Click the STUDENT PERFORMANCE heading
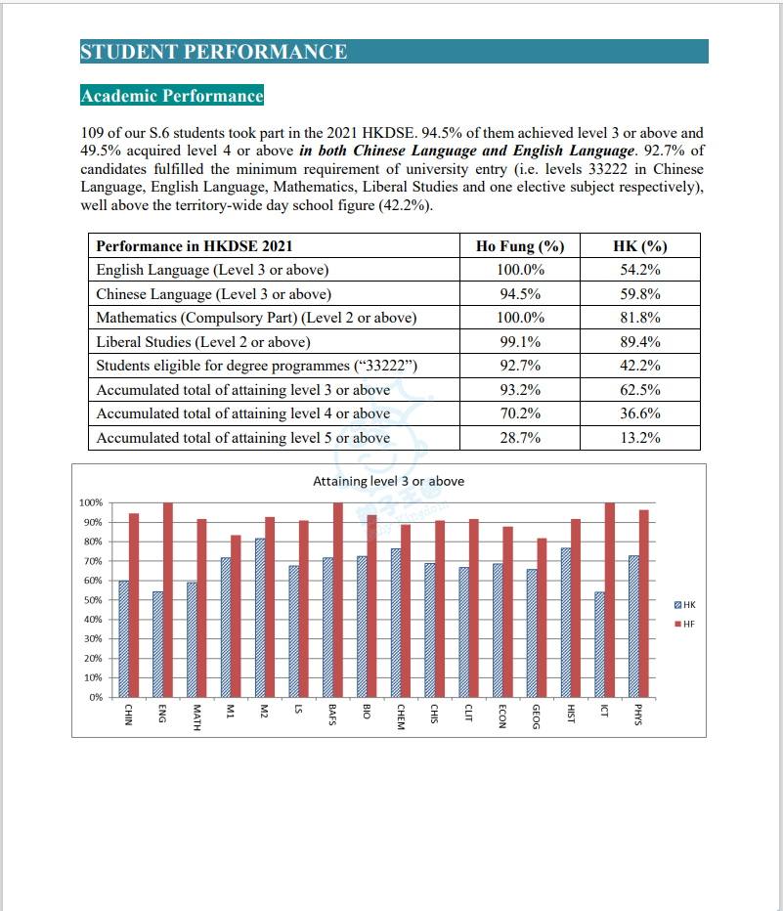pos(214,52)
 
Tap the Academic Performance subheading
pos(172,96)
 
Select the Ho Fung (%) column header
pos(520,246)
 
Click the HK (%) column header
pos(639,246)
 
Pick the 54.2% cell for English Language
pos(639,270)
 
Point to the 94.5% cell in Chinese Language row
pos(520,294)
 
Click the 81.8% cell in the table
pos(639,318)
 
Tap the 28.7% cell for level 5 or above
pos(520,438)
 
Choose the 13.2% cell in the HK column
pos(639,438)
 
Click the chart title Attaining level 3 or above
pos(388,481)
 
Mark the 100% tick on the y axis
pos(90,502)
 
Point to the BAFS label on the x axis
pos(332,716)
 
